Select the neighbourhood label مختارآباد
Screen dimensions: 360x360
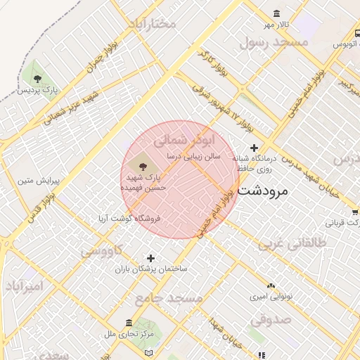click(x=150, y=24)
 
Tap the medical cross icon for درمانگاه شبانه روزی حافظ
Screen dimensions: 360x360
click(x=254, y=148)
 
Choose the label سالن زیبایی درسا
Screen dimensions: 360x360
click(x=193, y=156)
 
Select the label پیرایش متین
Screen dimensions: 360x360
click(x=35, y=181)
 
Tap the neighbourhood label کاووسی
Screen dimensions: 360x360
click(x=101, y=250)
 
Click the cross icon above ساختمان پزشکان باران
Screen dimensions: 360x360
click(x=150, y=258)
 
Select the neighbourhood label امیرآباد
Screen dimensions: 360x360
click(x=25, y=286)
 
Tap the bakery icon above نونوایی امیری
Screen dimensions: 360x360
click(x=271, y=285)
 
